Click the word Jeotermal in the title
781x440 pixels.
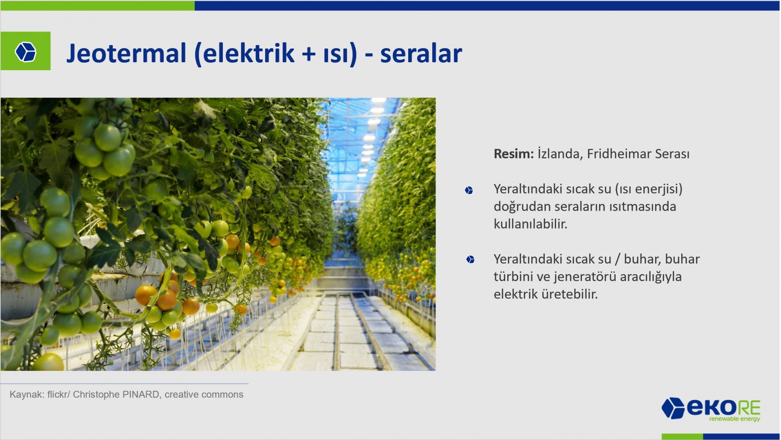(126, 53)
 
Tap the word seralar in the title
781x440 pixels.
(421, 53)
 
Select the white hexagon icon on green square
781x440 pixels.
(26, 52)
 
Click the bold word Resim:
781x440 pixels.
(513, 154)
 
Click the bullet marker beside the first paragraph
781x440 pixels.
(469, 190)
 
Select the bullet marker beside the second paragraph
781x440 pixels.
(470, 260)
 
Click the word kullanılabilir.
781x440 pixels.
(530, 224)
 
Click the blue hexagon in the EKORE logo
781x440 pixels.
(673, 408)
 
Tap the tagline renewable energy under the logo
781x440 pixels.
(735, 419)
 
